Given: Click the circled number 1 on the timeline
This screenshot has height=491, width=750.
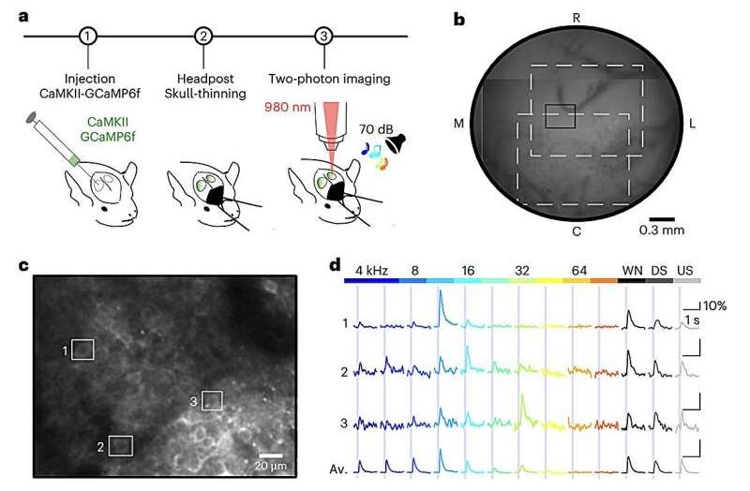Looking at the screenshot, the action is (x=88, y=36).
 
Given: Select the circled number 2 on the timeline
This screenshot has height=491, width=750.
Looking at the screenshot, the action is (x=203, y=36).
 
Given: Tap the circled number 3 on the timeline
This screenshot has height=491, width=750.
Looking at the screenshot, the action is (x=323, y=36).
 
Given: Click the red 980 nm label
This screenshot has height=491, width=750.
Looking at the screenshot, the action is (x=287, y=107).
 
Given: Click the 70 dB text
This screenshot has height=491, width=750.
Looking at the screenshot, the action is (x=376, y=129).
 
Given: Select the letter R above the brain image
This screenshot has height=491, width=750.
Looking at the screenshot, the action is (x=577, y=18).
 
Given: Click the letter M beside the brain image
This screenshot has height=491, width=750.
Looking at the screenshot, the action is (x=458, y=124).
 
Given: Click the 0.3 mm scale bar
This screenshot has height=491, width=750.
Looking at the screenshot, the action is (x=662, y=219).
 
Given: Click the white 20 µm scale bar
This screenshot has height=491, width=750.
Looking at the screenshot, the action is (x=271, y=455).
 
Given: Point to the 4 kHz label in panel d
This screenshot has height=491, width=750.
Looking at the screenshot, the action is (x=371, y=271).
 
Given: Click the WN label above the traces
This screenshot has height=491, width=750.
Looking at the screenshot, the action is (x=632, y=271).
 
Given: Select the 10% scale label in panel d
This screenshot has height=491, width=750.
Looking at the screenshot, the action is (x=714, y=306).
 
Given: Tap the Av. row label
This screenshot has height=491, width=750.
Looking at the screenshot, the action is (x=337, y=469).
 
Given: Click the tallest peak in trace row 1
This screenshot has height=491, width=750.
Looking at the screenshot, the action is (x=440, y=292).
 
